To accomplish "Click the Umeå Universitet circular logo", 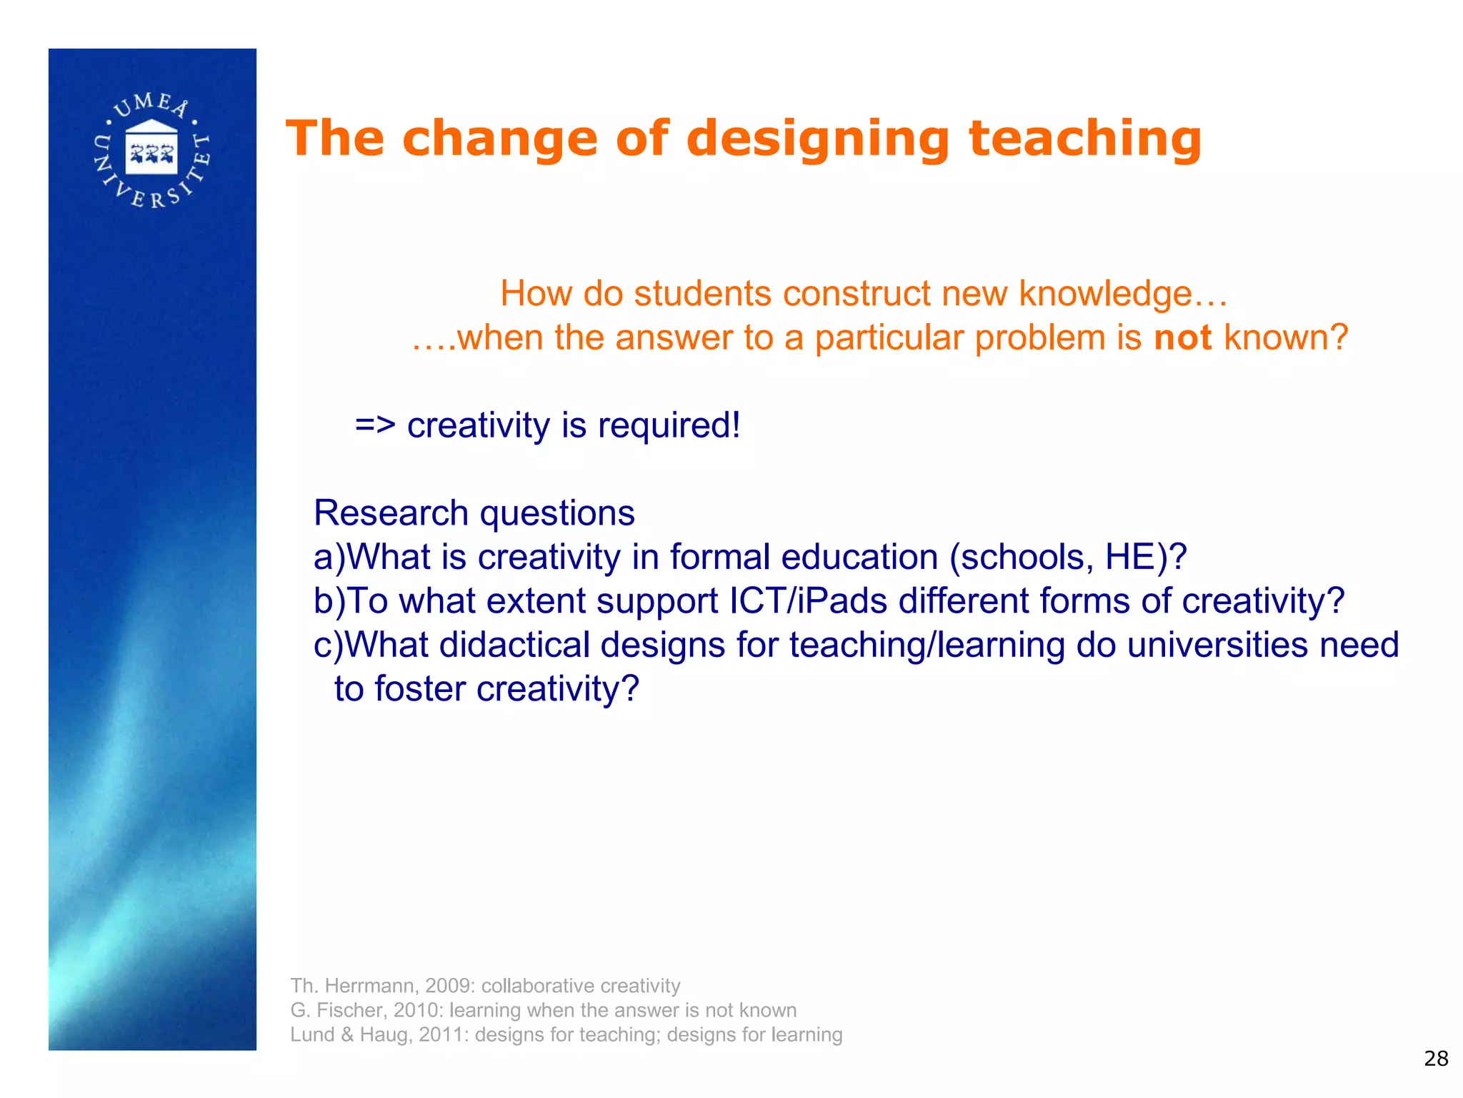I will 151,151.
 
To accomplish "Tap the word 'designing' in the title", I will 817,140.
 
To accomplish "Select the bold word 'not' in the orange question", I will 1183,337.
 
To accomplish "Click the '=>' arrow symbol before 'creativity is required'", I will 375,425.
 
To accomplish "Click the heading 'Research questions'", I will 474,513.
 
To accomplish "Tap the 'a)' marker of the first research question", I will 329,558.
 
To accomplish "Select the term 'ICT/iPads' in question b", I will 808,601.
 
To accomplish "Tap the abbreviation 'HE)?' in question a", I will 1146,557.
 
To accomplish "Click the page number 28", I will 1436,1059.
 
